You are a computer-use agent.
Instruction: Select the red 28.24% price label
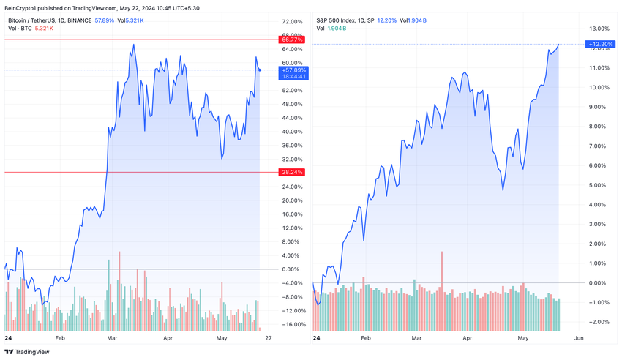pos(292,172)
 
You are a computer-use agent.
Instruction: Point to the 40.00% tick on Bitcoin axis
pos(291,132)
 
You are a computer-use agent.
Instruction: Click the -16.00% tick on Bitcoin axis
pos(293,324)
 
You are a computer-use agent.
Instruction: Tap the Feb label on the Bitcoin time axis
pos(60,339)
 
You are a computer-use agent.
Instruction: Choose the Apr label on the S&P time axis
pos(468,339)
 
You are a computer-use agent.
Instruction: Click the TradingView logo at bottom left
pos(27,352)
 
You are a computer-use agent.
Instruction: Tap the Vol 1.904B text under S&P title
pos(331,29)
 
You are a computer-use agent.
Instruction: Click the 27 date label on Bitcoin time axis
pos(269,339)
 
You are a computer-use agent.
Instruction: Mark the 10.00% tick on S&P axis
pos(596,87)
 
